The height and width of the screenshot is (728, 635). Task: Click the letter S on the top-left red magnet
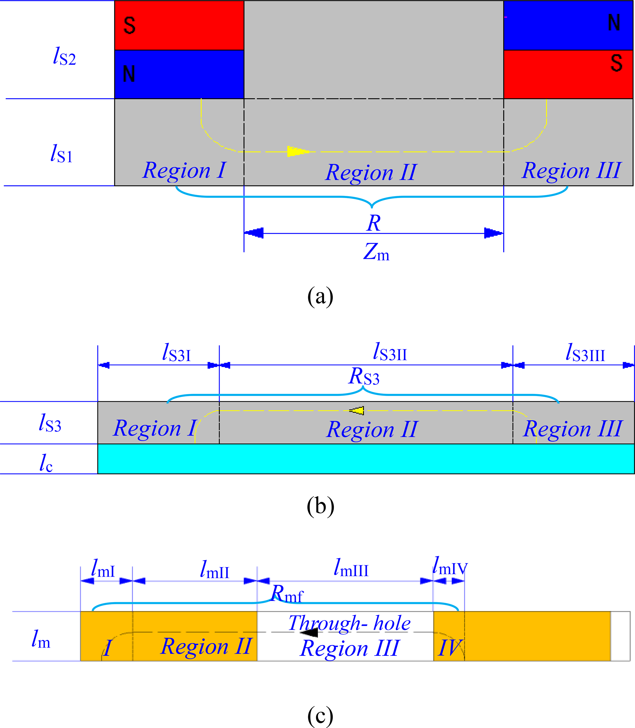129,25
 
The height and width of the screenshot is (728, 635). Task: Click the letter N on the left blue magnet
129,74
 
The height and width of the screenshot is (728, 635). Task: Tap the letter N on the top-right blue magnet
614,23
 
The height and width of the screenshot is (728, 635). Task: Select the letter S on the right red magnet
617,63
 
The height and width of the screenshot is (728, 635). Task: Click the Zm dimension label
376,252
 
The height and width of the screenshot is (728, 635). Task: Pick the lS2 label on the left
64,57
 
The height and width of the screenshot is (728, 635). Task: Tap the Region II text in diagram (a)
371,173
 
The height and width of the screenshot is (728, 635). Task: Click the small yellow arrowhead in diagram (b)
357,411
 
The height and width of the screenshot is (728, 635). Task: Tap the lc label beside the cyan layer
46,462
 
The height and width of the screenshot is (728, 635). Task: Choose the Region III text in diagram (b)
572,429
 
